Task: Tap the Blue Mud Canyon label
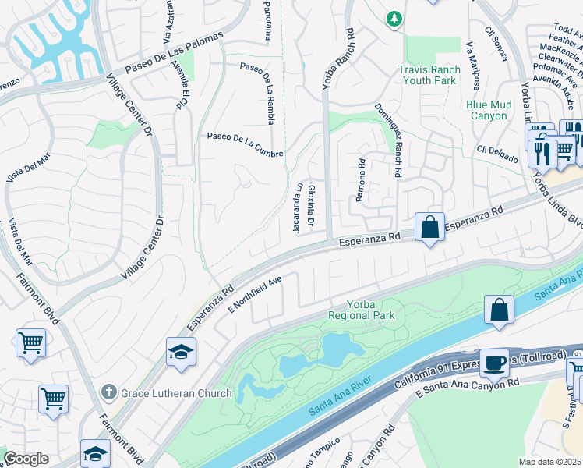[x=489, y=110]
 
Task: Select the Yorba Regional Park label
[x=361, y=310]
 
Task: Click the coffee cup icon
[x=494, y=363]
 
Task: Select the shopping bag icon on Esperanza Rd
[x=429, y=228]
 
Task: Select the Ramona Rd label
[x=361, y=181]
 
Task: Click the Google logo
[x=26, y=459]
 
